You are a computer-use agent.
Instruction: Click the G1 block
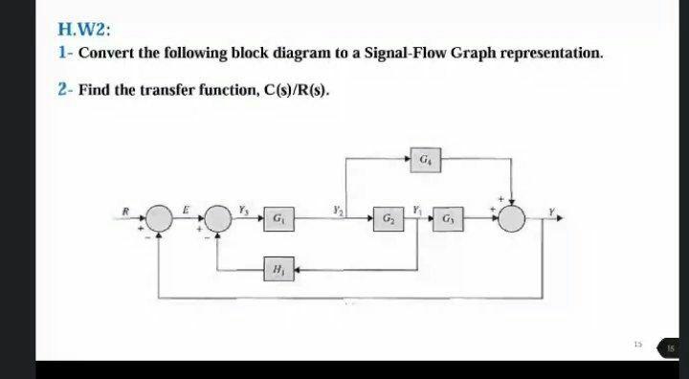[x=277, y=218]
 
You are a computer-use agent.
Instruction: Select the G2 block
[x=389, y=218]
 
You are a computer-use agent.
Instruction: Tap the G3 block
[x=450, y=218]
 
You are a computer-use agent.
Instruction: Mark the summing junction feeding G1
[x=222, y=218]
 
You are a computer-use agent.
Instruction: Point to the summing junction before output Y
[x=514, y=218]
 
